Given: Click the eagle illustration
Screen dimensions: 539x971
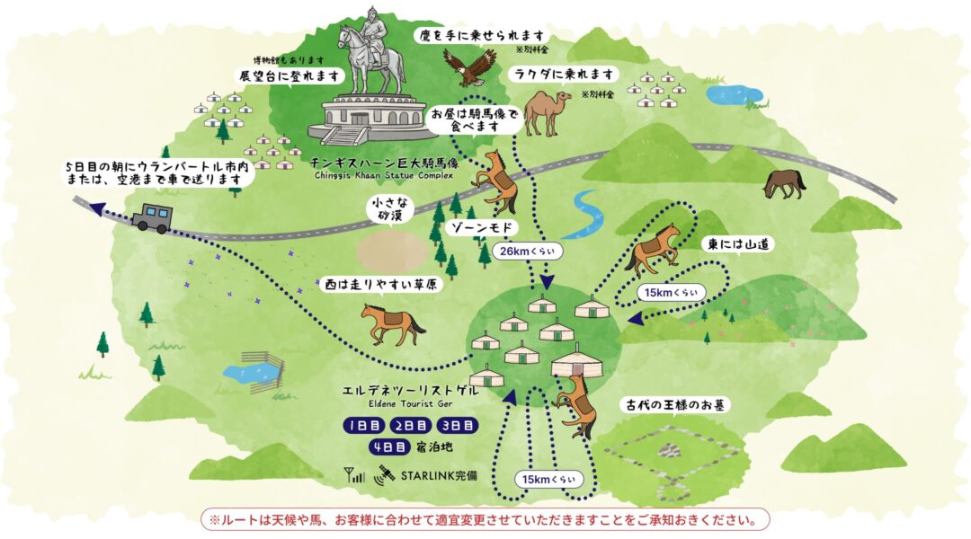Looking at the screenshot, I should pyautogui.click(x=469, y=66).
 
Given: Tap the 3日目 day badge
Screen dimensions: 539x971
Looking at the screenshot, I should pyautogui.click(x=458, y=425).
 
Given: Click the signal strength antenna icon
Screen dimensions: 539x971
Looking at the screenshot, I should pyautogui.click(x=354, y=473).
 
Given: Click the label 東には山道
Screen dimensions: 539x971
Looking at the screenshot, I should pyautogui.click(x=726, y=243).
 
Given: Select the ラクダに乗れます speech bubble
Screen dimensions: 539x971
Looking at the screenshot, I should pyautogui.click(x=564, y=75).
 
